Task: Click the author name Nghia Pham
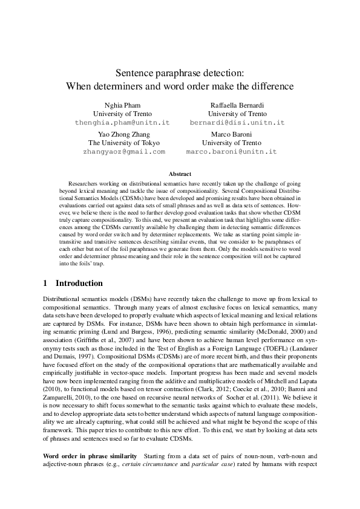pyautogui.click(x=122, y=105)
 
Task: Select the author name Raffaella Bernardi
pyautogui.click(x=237, y=105)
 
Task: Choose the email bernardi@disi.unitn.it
pyautogui.click(x=237, y=122)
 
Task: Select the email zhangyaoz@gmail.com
pyautogui.click(x=123, y=151)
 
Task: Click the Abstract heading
pyautogui.click(x=180, y=173)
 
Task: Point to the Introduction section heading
pyautogui.click(x=79, y=283)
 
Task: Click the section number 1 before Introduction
pyautogui.click(x=46, y=283)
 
